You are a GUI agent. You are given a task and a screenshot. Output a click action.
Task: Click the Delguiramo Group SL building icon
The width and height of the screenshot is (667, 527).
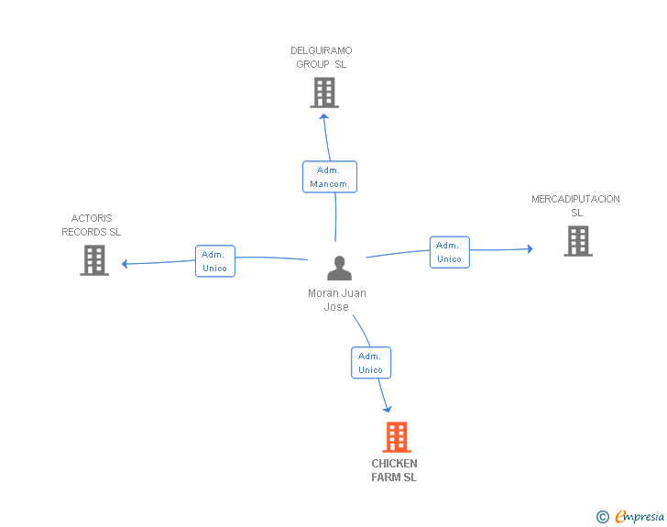pos(324,93)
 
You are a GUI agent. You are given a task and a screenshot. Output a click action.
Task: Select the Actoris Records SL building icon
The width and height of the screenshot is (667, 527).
pos(94,260)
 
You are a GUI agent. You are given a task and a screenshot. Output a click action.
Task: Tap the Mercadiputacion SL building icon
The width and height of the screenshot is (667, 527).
pos(577,241)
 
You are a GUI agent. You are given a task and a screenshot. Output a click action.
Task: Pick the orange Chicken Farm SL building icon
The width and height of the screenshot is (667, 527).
pos(396,437)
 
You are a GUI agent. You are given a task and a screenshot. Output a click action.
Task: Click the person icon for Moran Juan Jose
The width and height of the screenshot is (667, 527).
pos(339,269)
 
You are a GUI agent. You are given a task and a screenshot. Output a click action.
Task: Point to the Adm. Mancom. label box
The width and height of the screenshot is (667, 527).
pos(330,177)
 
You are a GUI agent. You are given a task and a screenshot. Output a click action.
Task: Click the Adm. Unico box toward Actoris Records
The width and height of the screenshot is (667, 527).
pos(215,261)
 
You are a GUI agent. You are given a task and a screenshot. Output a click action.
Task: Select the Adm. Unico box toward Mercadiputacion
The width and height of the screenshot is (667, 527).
pos(449,252)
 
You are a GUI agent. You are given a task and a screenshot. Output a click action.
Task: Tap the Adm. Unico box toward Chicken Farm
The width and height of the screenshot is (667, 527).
pos(371,363)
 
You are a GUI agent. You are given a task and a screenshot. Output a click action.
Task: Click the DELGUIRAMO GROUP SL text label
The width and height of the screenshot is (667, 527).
pos(322,58)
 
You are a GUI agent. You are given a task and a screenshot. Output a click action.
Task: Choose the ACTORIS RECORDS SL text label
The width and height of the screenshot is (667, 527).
pos(92,225)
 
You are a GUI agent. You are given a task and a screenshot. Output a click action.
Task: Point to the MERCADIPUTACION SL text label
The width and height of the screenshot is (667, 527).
pos(576,206)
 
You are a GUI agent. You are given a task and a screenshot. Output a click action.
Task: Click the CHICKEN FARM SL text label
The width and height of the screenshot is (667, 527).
pos(394,470)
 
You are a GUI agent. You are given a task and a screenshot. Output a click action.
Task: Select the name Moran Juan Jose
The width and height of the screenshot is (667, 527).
pos(336,300)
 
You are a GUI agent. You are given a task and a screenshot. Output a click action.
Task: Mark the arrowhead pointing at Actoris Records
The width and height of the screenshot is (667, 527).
pos(126,264)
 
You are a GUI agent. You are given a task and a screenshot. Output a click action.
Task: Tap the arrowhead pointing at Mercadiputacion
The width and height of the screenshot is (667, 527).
pos(529,248)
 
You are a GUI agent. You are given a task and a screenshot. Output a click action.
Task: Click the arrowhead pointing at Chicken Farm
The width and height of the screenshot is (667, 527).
pos(388,409)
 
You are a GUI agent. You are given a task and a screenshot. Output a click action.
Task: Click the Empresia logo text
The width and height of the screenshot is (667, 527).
pos(640,517)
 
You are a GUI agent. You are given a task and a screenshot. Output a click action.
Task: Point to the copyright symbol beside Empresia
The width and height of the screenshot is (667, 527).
pos(603,517)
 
